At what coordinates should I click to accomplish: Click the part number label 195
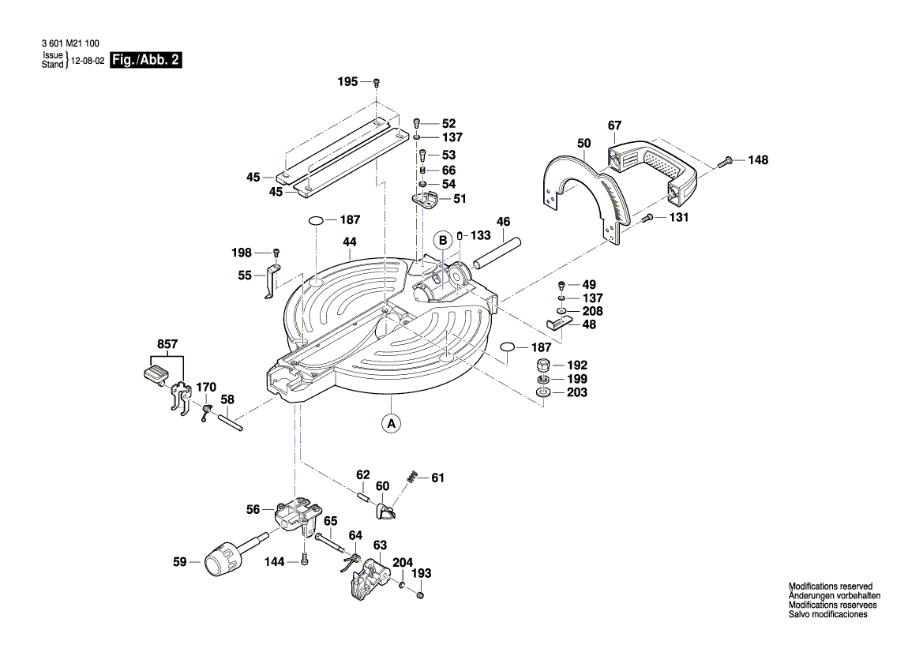(x=347, y=81)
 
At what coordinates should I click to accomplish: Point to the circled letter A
(x=390, y=423)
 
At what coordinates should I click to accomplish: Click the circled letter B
(x=444, y=240)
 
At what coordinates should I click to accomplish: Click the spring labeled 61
(x=412, y=478)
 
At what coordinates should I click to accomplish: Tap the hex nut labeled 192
(x=543, y=365)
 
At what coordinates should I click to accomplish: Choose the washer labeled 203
(x=543, y=392)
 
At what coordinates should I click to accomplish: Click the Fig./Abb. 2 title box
(x=146, y=60)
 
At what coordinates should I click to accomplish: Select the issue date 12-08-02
(x=88, y=61)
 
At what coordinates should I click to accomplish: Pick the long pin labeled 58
(x=227, y=421)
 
